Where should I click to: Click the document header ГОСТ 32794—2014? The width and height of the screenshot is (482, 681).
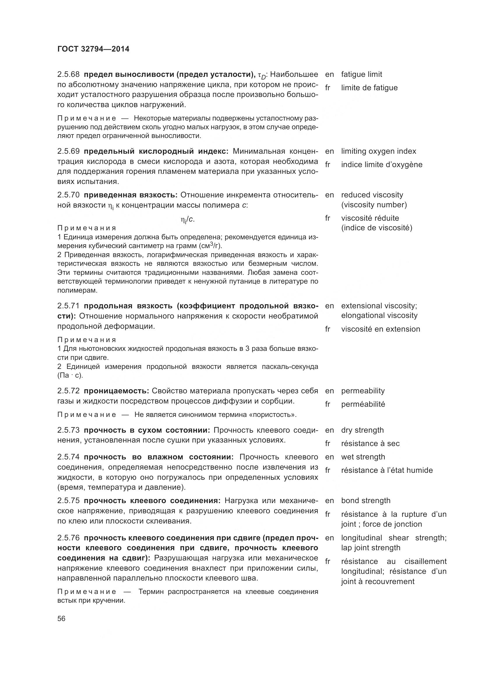(x=93, y=49)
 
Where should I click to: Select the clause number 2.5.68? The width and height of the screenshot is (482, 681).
(x=68, y=75)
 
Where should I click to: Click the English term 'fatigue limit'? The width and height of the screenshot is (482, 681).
(x=361, y=75)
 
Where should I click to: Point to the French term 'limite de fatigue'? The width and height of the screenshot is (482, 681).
(x=369, y=88)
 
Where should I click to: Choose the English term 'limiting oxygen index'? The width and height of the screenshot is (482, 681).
(x=379, y=151)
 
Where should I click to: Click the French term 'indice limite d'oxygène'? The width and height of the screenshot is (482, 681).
(x=382, y=164)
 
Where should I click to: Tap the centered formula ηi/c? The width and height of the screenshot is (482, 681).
(x=188, y=220)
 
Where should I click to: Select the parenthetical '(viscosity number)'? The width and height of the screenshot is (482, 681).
(x=374, y=205)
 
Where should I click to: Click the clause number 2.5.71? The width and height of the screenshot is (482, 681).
(x=68, y=306)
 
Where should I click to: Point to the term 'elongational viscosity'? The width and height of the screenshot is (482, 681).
(x=379, y=316)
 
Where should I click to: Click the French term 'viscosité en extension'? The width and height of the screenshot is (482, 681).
(x=381, y=329)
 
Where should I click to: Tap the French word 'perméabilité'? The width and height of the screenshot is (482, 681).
(x=363, y=404)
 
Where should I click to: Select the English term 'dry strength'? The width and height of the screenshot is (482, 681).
(x=363, y=430)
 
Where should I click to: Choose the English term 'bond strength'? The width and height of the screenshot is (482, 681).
(x=366, y=501)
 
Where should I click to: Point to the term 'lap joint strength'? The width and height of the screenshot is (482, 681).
(x=371, y=548)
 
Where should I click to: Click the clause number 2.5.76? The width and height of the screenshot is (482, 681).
(x=68, y=538)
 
